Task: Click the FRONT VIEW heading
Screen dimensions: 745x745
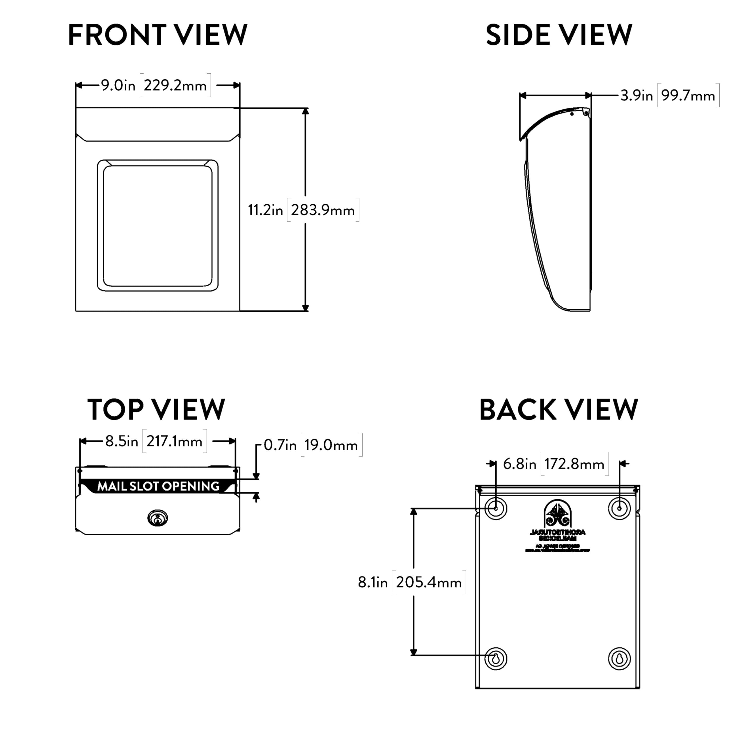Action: (x=157, y=35)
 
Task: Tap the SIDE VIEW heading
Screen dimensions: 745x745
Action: (x=559, y=35)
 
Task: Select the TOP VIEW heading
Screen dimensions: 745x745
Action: (x=156, y=409)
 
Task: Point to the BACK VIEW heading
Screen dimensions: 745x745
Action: (x=559, y=409)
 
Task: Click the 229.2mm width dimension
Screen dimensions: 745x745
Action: (x=175, y=85)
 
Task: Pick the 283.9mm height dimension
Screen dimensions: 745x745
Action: (x=323, y=210)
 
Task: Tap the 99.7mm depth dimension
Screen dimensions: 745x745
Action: (x=688, y=95)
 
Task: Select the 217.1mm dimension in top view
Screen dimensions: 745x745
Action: (x=174, y=441)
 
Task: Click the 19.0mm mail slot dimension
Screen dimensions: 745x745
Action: (x=331, y=445)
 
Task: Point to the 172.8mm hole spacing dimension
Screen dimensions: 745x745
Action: (x=574, y=464)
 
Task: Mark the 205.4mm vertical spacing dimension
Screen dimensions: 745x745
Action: (x=429, y=582)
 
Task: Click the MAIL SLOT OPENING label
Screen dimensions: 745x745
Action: (x=158, y=486)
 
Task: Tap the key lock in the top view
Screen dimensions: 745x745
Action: (x=158, y=518)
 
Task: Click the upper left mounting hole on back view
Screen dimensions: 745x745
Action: (x=496, y=508)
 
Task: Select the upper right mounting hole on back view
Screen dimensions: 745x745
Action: (x=619, y=508)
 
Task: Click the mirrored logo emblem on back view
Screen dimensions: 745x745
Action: (x=558, y=514)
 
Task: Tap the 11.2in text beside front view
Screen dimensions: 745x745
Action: (x=265, y=210)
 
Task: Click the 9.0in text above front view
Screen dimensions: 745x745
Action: (x=118, y=85)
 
